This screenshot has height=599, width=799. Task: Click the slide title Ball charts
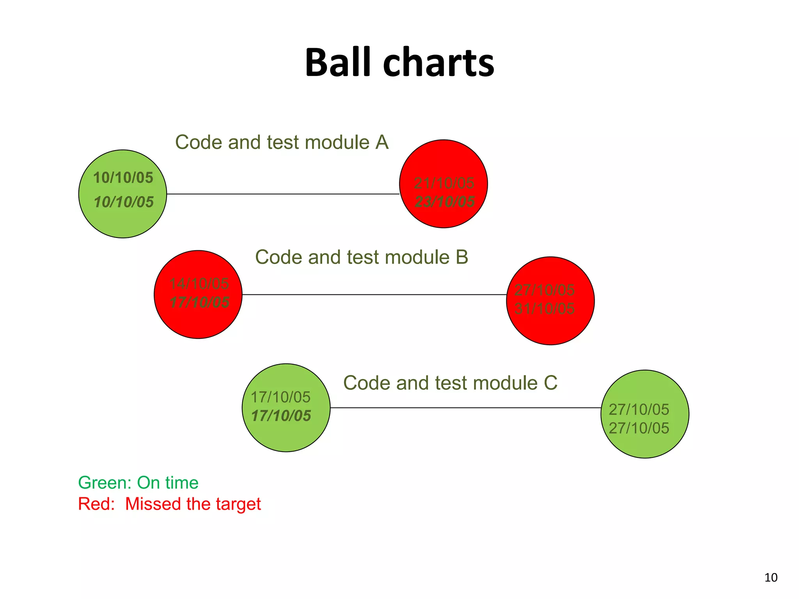click(x=399, y=62)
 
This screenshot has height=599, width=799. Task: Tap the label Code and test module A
click(x=282, y=142)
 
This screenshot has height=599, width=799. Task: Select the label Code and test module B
click(x=361, y=257)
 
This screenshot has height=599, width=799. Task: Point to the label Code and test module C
click(x=450, y=383)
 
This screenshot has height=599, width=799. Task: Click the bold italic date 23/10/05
click(x=444, y=202)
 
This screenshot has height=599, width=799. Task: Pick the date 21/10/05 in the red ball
click(x=444, y=183)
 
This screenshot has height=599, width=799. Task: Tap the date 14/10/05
click(x=199, y=284)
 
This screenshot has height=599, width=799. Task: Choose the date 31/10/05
click(x=544, y=308)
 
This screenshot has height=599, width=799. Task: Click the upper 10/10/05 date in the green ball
click(x=123, y=177)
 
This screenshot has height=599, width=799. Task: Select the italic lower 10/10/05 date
click(x=124, y=202)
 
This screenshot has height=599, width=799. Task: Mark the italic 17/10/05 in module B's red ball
click(x=199, y=302)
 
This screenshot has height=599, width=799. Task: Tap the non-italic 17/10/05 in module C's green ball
click(x=281, y=397)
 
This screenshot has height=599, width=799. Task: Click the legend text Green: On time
click(x=138, y=483)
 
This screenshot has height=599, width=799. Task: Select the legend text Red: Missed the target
click(x=169, y=504)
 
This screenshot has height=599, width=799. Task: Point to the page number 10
click(x=771, y=578)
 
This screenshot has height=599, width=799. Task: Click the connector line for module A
click(x=283, y=194)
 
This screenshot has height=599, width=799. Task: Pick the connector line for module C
click(x=465, y=408)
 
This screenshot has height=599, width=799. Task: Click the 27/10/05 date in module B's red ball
click(x=544, y=290)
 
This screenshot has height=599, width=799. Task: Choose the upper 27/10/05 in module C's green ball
click(x=639, y=409)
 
